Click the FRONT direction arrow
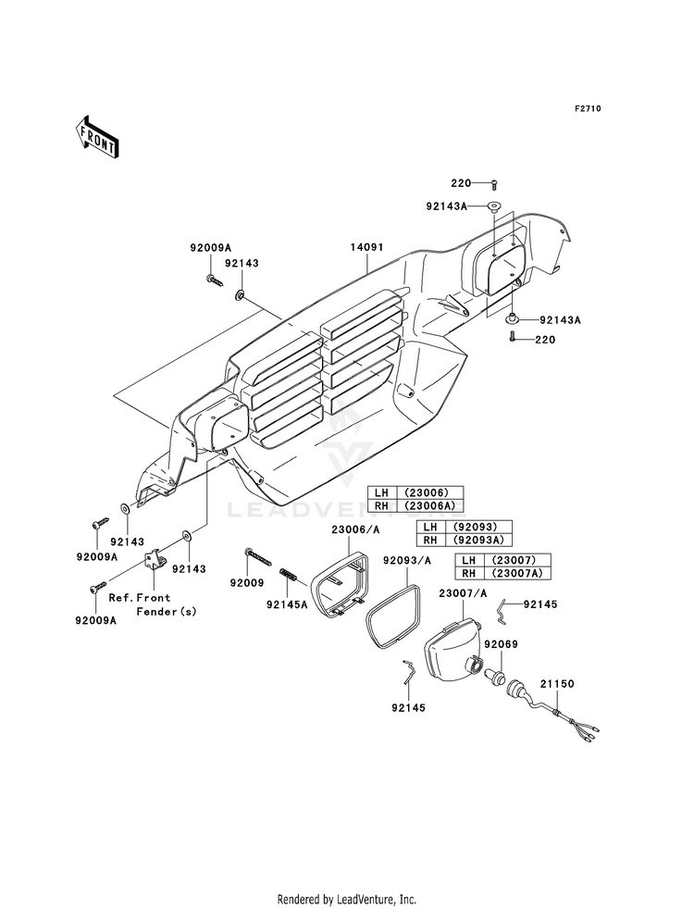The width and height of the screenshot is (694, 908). [x=96, y=137]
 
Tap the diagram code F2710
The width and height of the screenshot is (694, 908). [x=587, y=108]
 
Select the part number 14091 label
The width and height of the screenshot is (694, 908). [x=366, y=247]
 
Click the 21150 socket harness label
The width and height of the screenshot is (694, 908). [x=557, y=684]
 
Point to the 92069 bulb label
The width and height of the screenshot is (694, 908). [x=501, y=644]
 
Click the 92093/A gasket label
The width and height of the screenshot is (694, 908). [x=407, y=561]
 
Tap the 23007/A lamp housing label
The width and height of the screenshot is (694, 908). [x=463, y=593]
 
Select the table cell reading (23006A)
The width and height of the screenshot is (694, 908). [x=430, y=506]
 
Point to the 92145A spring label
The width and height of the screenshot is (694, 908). [x=287, y=604]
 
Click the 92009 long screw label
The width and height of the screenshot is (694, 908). [x=247, y=583]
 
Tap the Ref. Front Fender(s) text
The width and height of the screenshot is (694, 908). [x=154, y=604]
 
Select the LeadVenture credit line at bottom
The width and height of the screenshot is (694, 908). [x=347, y=900]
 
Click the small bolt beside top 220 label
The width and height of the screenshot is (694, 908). [x=494, y=185]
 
